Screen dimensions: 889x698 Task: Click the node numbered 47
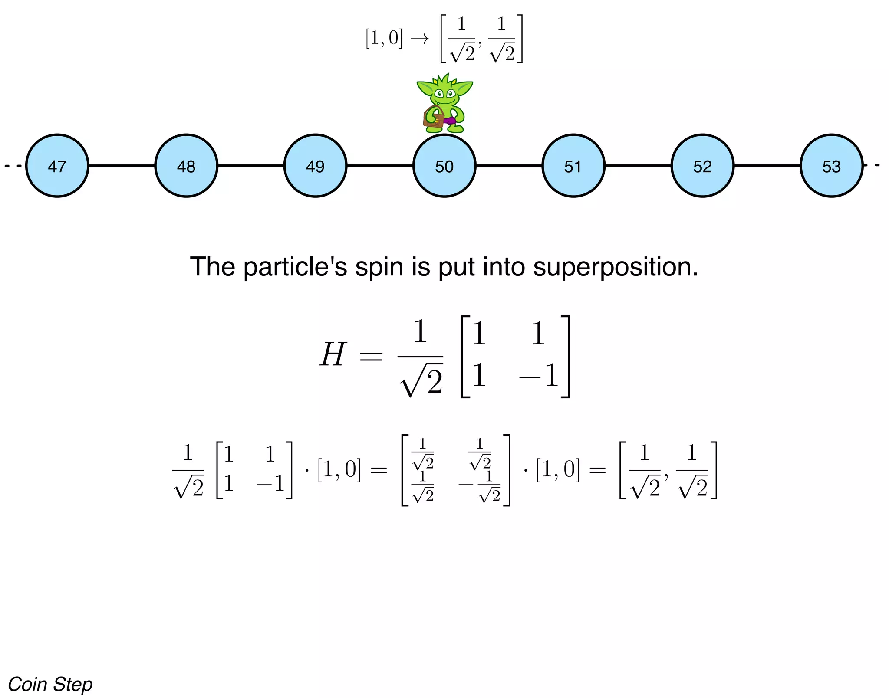click(57, 166)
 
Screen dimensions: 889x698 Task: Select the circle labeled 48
click(186, 166)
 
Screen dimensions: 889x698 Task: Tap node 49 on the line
click(315, 166)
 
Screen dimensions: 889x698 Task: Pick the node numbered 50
click(444, 166)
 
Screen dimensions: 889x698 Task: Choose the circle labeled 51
click(573, 166)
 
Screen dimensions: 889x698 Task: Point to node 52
click(702, 166)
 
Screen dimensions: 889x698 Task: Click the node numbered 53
click(831, 166)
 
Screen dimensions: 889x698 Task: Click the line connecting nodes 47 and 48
click(122, 165)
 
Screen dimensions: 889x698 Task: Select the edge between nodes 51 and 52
click(638, 165)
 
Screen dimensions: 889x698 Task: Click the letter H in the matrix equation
click(333, 354)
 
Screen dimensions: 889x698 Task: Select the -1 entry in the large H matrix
click(539, 376)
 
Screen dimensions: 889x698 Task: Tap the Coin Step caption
click(50, 684)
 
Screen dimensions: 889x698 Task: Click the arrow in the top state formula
click(419, 39)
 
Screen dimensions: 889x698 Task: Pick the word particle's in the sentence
click(295, 267)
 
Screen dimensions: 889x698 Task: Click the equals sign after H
click(371, 357)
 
